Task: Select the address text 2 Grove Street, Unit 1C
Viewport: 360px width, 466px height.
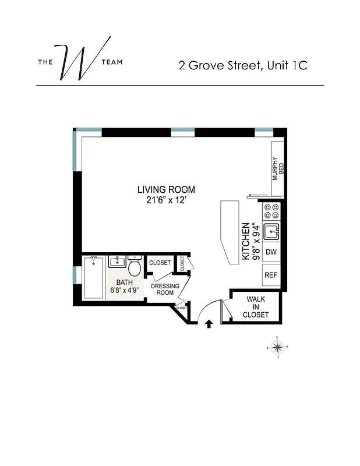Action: pyautogui.click(x=243, y=65)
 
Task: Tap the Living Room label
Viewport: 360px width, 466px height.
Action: pyautogui.click(x=166, y=189)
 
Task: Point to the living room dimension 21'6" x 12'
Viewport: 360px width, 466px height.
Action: pyautogui.click(x=166, y=200)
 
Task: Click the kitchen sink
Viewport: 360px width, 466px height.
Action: pyautogui.click(x=271, y=232)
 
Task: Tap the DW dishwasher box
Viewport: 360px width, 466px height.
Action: pyautogui.click(x=271, y=253)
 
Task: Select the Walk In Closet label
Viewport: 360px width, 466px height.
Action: pyautogui.click(x=256, y=306)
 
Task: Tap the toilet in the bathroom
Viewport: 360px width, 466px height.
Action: pyautogui.click(x=135, y=267)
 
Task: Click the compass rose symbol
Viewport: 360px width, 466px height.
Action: pyautogui.click(x=278, y=348)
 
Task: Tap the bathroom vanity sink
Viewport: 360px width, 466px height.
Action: pyautogui.click(x=117, y=262)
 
